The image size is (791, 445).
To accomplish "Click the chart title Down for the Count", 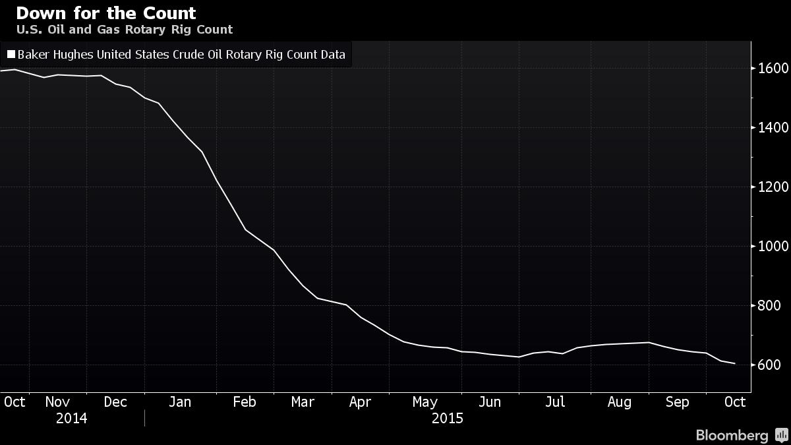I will [105, 13].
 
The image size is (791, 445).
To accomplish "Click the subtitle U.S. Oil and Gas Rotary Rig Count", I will [124, 30].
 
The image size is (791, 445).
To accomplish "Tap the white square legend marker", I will [11, 55].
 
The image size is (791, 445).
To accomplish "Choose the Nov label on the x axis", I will [58, 402].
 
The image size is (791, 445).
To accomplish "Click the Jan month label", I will [179, 402].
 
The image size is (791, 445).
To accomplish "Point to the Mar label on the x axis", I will [303, 402].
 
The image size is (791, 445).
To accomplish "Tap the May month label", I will [425, 402].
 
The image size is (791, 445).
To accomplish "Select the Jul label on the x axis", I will [555, 402].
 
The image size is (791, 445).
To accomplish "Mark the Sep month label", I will [678, 402].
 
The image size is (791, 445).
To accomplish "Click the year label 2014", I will [71, 419].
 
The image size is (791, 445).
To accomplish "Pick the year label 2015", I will [447, 419].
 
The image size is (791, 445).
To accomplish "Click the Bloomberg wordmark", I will [732, 436].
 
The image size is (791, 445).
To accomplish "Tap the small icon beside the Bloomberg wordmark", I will [782, 436].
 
